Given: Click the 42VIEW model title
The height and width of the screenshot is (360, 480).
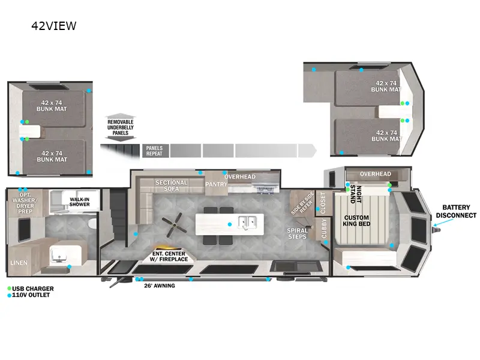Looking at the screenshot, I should pos(55,26).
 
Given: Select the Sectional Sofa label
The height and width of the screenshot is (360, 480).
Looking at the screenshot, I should pos(172,186).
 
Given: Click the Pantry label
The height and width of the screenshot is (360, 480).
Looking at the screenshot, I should pos(216,184).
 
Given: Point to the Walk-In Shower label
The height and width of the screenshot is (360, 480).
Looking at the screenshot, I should pos(79,201).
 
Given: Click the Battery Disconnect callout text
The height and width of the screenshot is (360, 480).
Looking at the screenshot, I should pos(456,211).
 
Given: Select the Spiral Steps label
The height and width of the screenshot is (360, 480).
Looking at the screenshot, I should pos(298,233).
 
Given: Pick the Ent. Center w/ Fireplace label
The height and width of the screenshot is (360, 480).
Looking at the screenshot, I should pos(170,256).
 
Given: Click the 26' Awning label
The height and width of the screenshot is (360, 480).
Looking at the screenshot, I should pos(160,286).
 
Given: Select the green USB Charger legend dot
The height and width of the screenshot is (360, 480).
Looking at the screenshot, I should pos(9,288).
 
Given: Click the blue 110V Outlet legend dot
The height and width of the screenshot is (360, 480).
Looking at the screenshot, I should pos(9,295).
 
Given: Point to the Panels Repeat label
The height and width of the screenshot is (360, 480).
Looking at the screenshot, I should pos(154,150).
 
